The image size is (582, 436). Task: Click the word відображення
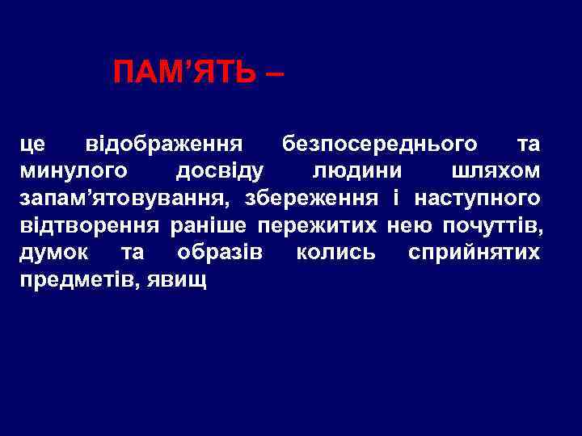pos(164,145)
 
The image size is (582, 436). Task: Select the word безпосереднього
pos(379,145)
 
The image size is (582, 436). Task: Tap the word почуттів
pos(488,225)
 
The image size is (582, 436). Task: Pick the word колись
pos(335,253)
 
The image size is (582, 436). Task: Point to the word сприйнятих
pos(474,253)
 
